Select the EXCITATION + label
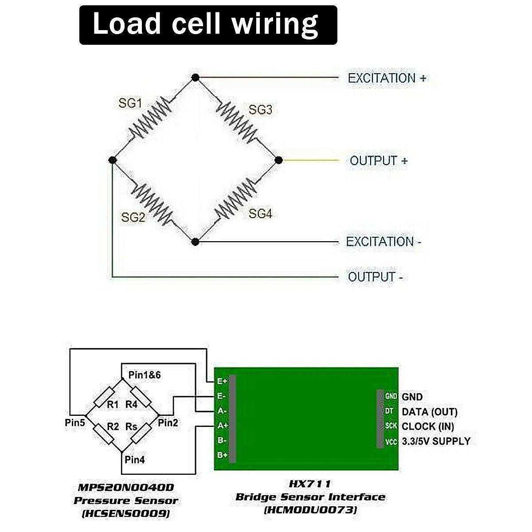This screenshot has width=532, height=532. (387, 78)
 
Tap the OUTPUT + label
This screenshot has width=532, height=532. (378, 160)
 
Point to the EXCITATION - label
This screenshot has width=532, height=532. (383, 242)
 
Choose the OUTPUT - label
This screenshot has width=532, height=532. (376, 277)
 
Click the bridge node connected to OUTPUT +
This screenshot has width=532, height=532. (278, 160)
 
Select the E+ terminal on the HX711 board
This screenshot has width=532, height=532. (222, 381)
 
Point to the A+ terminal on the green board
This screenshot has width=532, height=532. (222, 426)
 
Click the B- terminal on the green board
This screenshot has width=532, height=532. (222, 440)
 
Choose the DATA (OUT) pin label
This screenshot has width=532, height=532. (429, 412)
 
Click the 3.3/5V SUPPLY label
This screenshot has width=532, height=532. (436, 441)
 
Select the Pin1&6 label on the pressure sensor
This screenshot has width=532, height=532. (145, 375)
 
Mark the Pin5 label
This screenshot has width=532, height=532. (74, 422)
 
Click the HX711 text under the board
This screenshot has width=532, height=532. (310, 484)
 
